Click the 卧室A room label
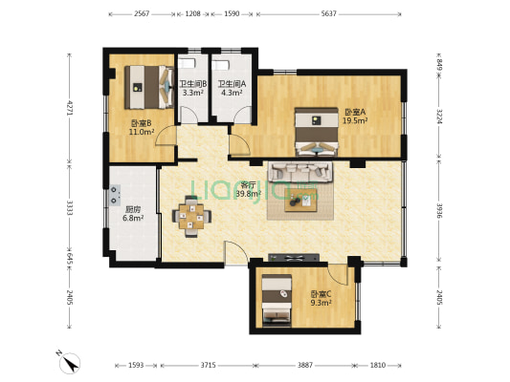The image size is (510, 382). pyautogui.click(x=355, y=117)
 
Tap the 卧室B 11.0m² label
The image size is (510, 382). pyautogui.click(x=142, y=128)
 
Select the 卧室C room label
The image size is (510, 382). pyautogui.click(x=321, y=298)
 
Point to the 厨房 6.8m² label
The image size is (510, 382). pyautogui.click(x=133, y=214)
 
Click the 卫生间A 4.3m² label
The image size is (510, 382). pyautogui.click(x=232, y=88)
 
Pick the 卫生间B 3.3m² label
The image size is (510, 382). pyautogui.click(x=193, y=88)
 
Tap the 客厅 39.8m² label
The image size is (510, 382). pyautogui.click(x=249, y=189)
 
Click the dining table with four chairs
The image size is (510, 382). pyautogui.click(x=191, y=216)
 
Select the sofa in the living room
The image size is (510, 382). pyautogui.click(x=300, y=171)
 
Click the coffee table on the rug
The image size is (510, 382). pyautogui.click(x=300, y=201)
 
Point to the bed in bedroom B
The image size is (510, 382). pyautogui.click(x=149, y=87)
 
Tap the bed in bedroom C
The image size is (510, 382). pyautogui.click(x=277, y=300)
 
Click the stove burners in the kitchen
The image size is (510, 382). pyautogui.click(x=114, y=196)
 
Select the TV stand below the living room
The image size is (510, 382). pyautogui.click(x=294, y=258)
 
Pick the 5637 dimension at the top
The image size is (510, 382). pyautogui.click(x=328, y=14)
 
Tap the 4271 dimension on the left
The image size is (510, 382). pyautogui.click(x=69, y=108)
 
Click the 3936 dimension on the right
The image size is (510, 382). pyautogui.click(x=439, y=211)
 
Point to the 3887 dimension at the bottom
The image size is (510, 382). pyautogui.click(x=305, y=365)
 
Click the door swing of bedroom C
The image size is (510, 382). pyautogui.click(x=338, y=275)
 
